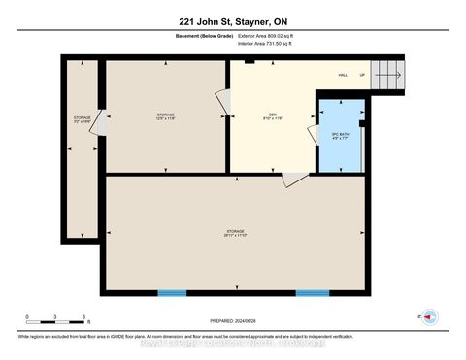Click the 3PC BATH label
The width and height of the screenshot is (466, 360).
(x=339, y=133)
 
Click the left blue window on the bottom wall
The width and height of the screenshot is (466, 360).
(x=173, y=293)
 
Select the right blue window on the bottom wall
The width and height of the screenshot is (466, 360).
(x=312, y=293)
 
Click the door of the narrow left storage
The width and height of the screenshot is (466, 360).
(x=98, y=127)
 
